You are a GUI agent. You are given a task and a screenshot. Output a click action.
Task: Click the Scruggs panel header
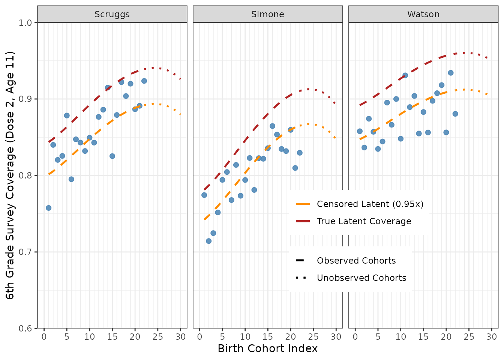click(x=112, y=14)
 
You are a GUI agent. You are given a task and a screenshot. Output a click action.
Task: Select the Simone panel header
click(x=268, y=14)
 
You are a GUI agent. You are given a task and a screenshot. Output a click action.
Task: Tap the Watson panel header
click(x=423, y=14)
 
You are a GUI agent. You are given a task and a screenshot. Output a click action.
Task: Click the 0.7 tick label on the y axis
click(x=25, y=252)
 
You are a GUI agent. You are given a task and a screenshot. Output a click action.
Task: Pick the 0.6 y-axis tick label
click(x=25, y=328)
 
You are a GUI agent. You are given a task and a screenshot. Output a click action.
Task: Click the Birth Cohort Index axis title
click(x=268, y=348)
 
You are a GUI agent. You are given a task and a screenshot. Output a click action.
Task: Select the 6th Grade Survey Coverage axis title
click(x=10, y=175)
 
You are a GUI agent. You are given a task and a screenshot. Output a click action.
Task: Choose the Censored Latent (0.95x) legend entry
click(x=360, y=204)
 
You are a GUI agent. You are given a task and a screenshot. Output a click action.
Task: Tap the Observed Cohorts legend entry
click(x=346, y=261)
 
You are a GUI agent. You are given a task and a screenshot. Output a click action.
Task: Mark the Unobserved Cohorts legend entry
click(x=351, y=278)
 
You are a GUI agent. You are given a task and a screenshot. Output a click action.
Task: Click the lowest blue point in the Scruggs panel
click(x=49, y=208)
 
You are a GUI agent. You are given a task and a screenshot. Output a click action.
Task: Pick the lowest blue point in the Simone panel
click(x=209, y=241)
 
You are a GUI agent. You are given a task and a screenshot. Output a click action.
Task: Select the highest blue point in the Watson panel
click(x=451, y=73)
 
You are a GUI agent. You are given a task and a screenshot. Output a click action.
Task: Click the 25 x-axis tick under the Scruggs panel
click(x=158, y=337)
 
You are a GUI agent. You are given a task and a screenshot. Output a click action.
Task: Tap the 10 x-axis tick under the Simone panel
click(x=245, y=337)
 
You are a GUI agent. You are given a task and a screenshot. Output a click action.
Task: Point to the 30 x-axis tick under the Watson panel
click(x=492, y=337)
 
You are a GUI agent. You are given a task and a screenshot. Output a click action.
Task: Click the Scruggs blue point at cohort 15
click(x=112, y=156)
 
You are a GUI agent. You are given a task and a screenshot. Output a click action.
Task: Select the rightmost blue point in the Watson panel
click(x=455, y=114)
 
